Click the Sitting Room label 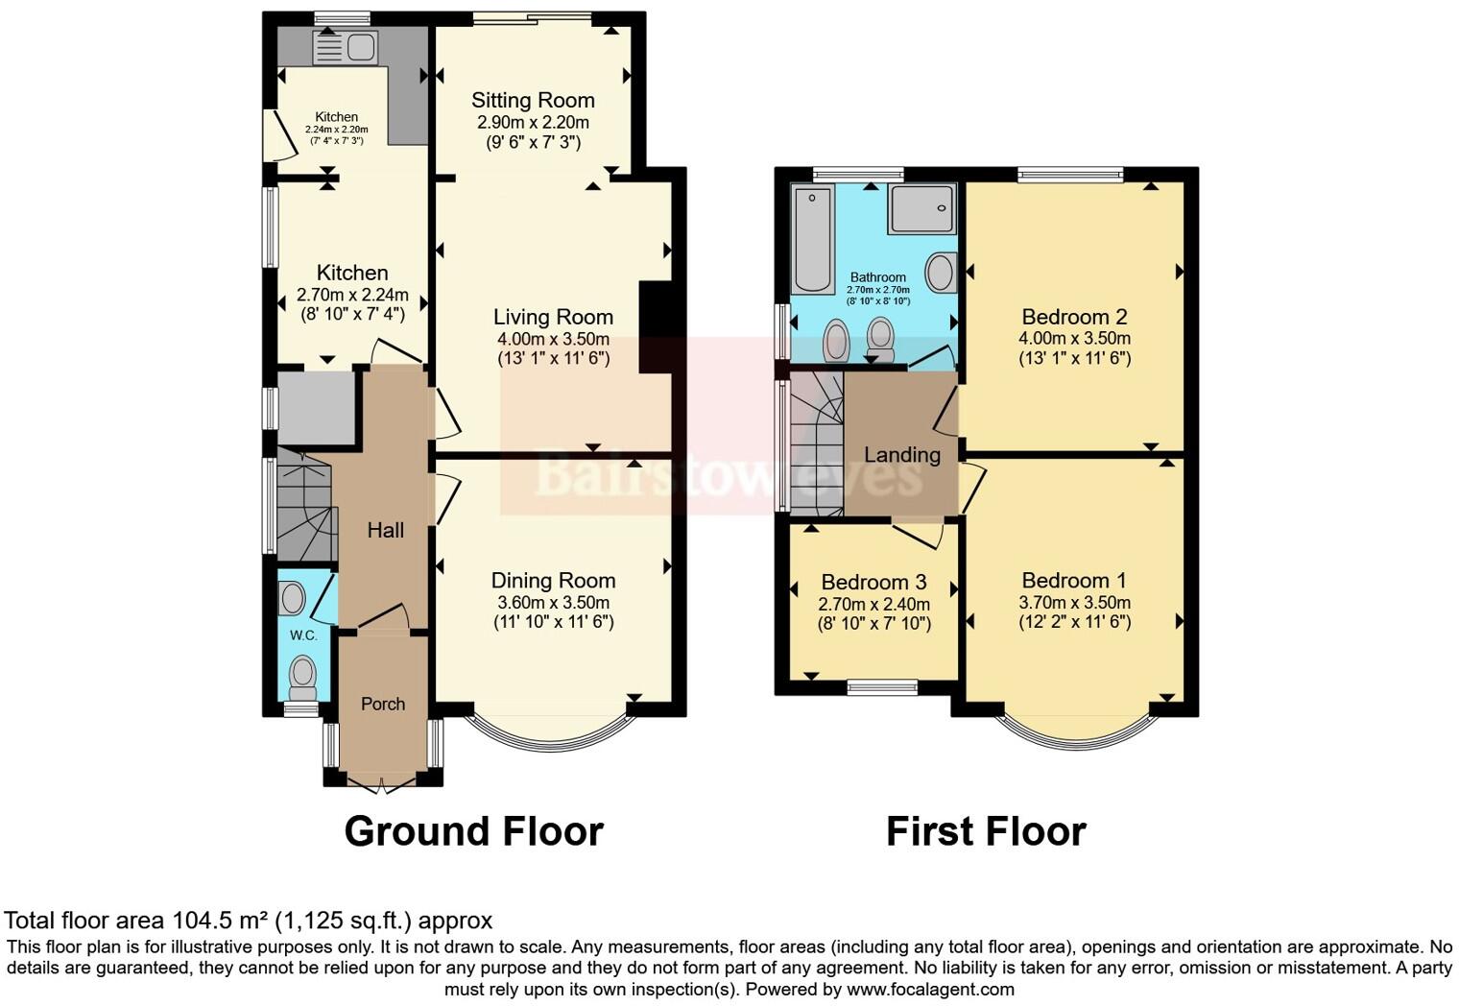(533, 101)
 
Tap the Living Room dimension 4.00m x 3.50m (553, 339)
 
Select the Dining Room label (553, 581)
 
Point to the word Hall (385, 530)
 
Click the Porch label (383, 704)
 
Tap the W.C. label (303, 635)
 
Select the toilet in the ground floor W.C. (303, 678)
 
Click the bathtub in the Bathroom (813, 240)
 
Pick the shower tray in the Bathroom (922, 208)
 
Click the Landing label (901, 455)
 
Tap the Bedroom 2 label (1074, 317)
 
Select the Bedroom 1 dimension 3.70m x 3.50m (1074, 603)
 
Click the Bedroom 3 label (873, 583)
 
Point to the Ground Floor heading (473, 831)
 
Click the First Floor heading (986, 831)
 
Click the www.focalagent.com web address (929, 989)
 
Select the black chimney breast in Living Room (656, 326)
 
